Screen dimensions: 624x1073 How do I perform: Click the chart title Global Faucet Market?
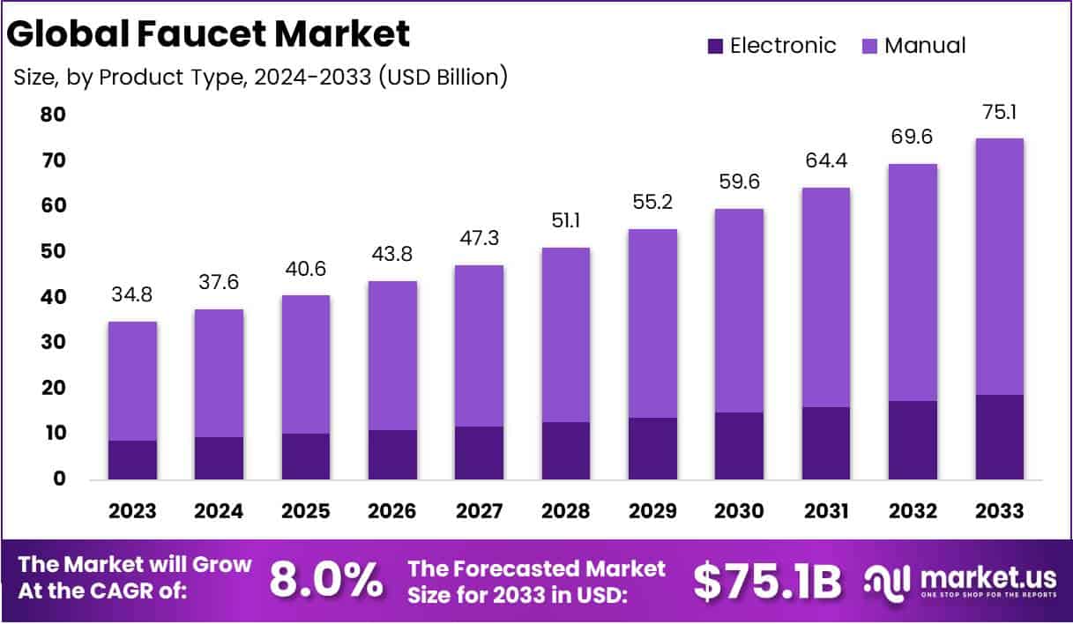(x=209, y=33)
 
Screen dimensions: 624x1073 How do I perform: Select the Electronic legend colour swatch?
(x=715, y=46)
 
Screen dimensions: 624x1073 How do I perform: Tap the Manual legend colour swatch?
(x=869, y=46)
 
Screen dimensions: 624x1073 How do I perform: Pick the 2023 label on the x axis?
(x=132, y=512)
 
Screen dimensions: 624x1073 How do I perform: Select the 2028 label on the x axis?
(x=565, y=512)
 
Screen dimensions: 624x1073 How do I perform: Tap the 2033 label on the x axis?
(x=999, y=512)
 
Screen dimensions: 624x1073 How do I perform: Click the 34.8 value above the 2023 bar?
(x=132, y=295)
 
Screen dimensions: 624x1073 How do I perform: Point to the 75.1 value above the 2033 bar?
(x=999, y=112)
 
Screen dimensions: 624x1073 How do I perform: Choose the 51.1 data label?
(x=565, y=221)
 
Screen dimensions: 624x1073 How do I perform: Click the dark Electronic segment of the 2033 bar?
(x=999, y=437)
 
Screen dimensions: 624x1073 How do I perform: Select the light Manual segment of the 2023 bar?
(x=132, y=381)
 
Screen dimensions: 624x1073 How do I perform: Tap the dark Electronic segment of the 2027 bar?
(x=479, y=453)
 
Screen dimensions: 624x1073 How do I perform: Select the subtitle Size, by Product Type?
(x=261, y=78)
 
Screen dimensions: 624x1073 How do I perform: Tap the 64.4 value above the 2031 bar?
(x=825, y=161)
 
